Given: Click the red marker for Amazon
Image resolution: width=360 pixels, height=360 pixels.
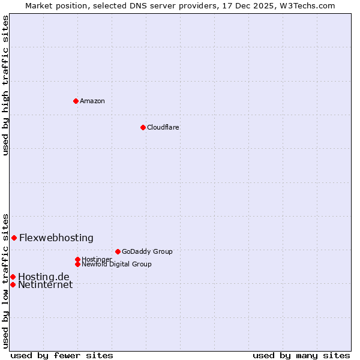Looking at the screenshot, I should (x=76, y=101).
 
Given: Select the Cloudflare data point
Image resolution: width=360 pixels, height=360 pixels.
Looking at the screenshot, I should (x=143, y=127).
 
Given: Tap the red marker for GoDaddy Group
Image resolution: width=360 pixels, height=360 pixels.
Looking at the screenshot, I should (x=118, y=251).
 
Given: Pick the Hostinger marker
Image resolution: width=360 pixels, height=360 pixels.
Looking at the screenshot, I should (x=77, y=259).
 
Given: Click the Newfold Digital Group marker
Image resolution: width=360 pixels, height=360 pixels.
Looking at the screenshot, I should (x=77, y=264).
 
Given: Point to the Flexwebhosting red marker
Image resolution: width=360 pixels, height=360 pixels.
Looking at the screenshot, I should (x=14, y=238).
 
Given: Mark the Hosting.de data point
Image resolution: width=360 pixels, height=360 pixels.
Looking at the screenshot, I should (x=13, y=277).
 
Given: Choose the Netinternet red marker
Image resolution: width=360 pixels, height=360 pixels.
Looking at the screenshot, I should (x=13, y=284).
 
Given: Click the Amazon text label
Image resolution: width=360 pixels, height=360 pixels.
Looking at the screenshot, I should (x=92, y=101).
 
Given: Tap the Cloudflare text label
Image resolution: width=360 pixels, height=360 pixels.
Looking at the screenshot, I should (x=163, y=127).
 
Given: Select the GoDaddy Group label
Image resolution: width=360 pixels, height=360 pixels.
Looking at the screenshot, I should (x=147, y=251).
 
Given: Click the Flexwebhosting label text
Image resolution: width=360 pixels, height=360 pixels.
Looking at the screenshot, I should (x=56, y=238).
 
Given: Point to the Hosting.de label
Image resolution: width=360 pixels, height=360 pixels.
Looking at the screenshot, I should (x=44, y=277).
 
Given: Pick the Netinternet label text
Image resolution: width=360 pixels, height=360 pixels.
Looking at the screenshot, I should (x=46, y=285).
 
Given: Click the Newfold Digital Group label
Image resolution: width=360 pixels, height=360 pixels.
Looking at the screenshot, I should (x=116, y=264).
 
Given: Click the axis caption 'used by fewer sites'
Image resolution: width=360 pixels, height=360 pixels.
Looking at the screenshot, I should (x=62, y=355).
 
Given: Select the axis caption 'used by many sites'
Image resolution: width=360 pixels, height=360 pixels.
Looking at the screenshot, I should (x=301, y=355).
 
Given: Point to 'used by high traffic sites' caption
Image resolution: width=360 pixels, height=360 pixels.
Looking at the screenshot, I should (x=5, y=85).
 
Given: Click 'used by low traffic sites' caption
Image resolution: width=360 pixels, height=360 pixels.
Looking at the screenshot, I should (x=5, y=281).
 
